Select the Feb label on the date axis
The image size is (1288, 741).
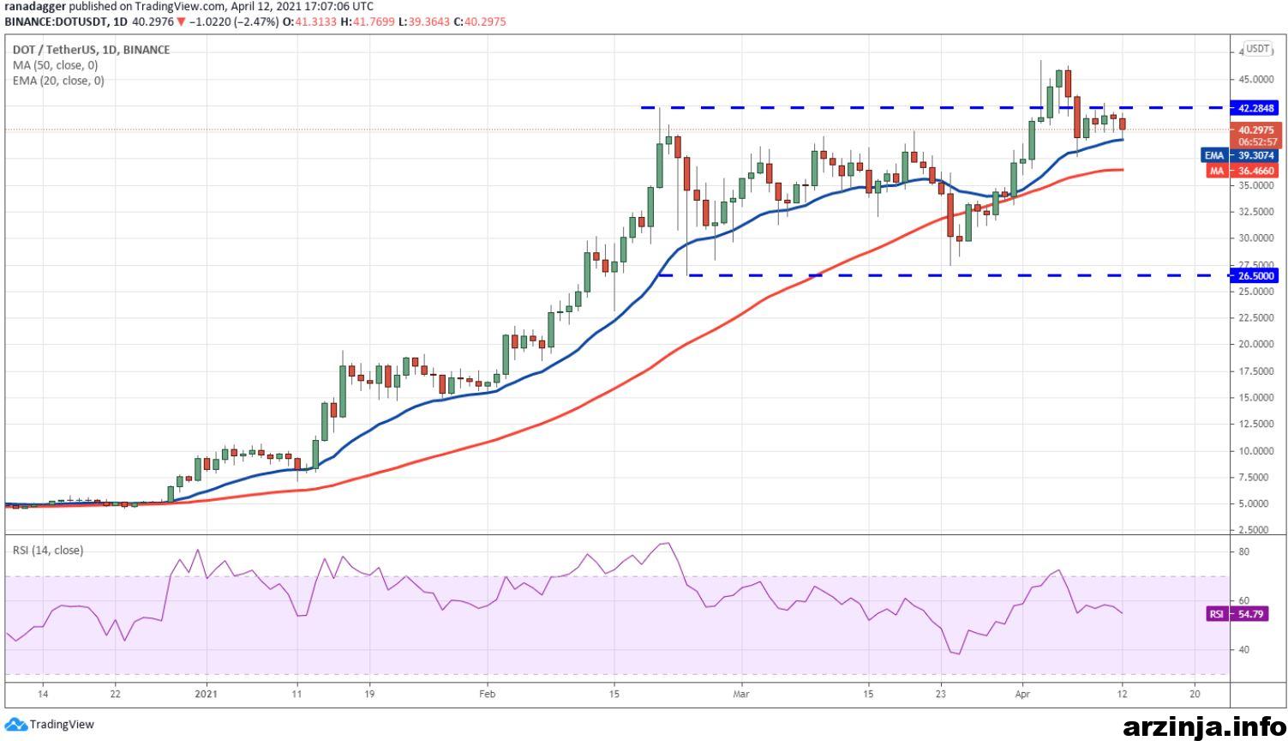(487, 693)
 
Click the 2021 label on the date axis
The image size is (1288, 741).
(206, 693)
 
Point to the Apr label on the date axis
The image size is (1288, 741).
(1021, 693)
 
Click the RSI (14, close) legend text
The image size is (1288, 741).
(48, 550)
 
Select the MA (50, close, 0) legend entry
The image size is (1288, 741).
(55, 65)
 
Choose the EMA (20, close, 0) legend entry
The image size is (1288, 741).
(58, 81)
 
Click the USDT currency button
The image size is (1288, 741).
(1257, 49)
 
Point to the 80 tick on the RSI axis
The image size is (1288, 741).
(1243, 551)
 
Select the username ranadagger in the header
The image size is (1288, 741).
(34, 7)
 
